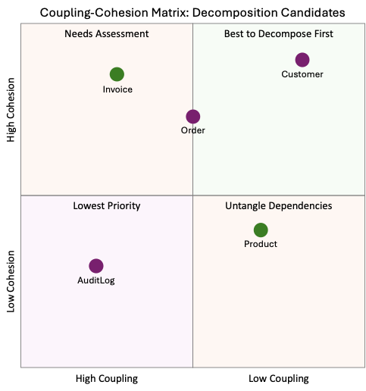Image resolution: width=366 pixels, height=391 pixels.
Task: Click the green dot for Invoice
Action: click(117, 74)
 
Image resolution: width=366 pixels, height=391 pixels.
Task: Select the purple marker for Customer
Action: click(302, 60)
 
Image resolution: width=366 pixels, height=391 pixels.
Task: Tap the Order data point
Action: click(193, 117)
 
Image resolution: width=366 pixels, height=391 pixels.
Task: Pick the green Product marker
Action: click(261, 230)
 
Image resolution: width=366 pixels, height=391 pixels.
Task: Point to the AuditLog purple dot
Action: click(96, 266)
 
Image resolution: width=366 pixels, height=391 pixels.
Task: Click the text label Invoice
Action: click(117, 89)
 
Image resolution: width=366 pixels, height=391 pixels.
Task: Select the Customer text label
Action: click(302, 74)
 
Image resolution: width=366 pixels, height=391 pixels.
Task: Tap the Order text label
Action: click(193, 130)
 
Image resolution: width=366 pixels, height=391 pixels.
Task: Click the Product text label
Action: click(261, 244)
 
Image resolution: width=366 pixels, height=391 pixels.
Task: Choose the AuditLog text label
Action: click(96, 280)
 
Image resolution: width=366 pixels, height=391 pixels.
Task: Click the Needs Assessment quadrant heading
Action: click(106, 34)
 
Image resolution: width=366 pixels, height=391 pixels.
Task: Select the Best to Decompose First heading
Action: click(278, 34)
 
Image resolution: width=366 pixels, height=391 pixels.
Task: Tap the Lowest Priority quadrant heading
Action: click(106, 206)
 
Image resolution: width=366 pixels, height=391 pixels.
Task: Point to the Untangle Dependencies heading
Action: click(278, 206)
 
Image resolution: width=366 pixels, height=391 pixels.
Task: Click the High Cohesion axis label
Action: click(11, 111)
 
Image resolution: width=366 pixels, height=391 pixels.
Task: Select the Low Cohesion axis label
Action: click(11, 283)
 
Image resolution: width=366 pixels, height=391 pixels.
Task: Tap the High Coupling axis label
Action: click(107, 378)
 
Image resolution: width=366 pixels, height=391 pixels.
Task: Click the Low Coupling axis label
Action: click(279, 378)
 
